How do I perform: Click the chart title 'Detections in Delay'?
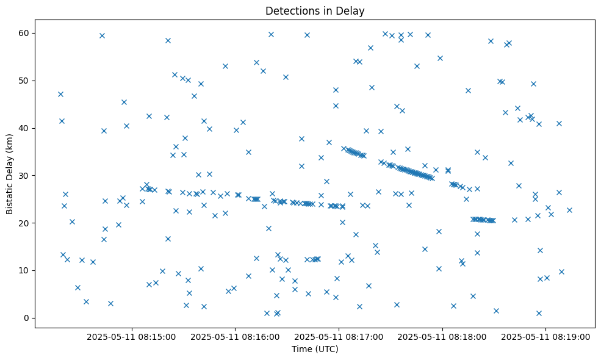click(315, 10)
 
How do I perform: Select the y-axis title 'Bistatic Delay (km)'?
click(10, 173)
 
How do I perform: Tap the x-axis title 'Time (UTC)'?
click(315, 349)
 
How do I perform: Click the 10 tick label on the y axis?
click(25, 270)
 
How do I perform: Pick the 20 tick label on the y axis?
click(25, 223)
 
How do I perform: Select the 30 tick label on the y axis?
click(25, 175)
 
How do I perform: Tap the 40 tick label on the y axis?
click(25, 128)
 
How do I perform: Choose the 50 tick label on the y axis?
click(25, 81)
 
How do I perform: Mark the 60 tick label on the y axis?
click(25, 33)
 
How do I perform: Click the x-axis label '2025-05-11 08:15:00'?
click(131, 336)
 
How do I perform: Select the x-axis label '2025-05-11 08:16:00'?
click(235, 336)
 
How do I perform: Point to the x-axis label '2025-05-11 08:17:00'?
click(339, 336)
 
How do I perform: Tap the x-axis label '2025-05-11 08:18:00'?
click(442, 336)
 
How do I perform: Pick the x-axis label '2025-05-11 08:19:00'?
click(546, 336)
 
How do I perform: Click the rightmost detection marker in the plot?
click(569, 210)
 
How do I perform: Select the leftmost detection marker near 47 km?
click(60, 94)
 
